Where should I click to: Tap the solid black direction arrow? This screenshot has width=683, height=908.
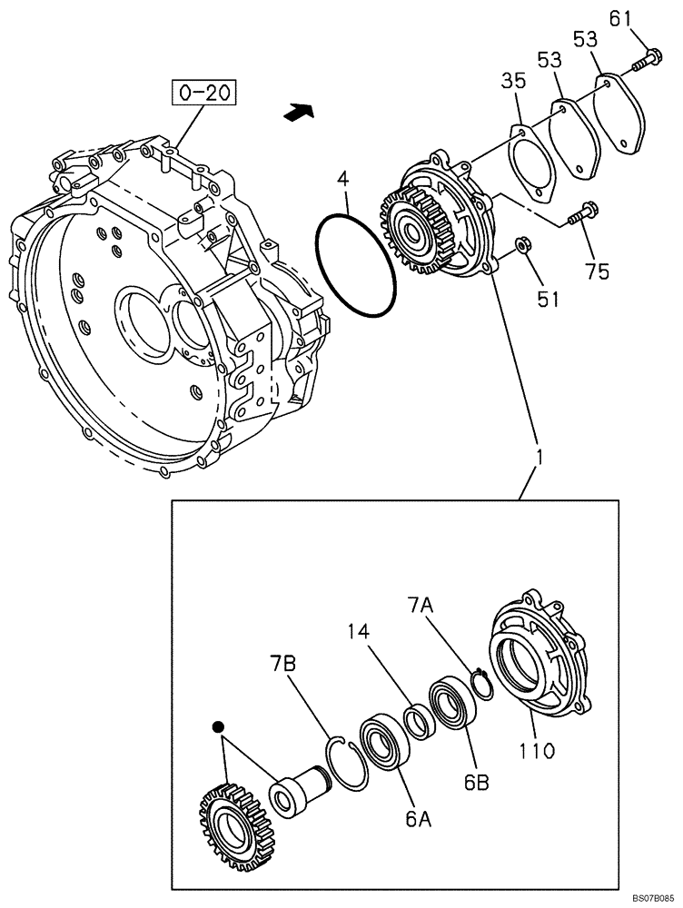pos(300,112)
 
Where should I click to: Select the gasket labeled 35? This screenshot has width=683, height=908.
pos(532,163)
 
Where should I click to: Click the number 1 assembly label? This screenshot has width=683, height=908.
pos(539,457)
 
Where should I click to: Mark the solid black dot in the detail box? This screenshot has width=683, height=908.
pos(218,726)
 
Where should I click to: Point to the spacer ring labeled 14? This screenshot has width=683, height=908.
pos(419,724)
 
